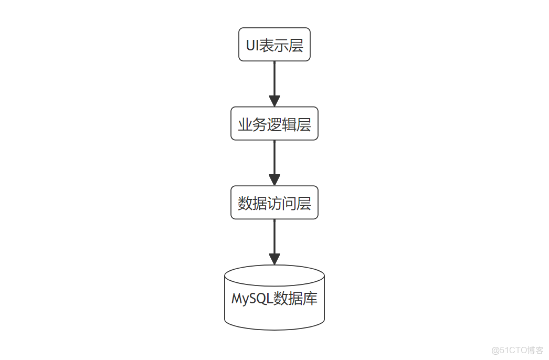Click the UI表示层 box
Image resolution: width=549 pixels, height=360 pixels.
click(274, 45)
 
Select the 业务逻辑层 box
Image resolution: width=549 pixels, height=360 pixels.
click(274, 124)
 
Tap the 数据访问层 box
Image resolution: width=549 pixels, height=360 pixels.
click(274, 203)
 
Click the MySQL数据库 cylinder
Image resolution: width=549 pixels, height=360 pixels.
click(274, 298)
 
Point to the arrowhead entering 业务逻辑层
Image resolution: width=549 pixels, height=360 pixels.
click(274, 101)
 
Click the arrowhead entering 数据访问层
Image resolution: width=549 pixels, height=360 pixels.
click(274, 180)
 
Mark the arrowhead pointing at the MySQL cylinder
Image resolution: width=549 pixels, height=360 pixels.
click(274, 259)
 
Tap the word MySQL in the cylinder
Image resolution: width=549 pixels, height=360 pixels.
click(249, 299)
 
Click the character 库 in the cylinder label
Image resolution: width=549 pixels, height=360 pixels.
click(310, 299)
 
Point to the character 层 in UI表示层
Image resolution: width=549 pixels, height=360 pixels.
click(296, 45)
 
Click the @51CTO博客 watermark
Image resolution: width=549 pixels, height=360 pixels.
click(518, 350)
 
